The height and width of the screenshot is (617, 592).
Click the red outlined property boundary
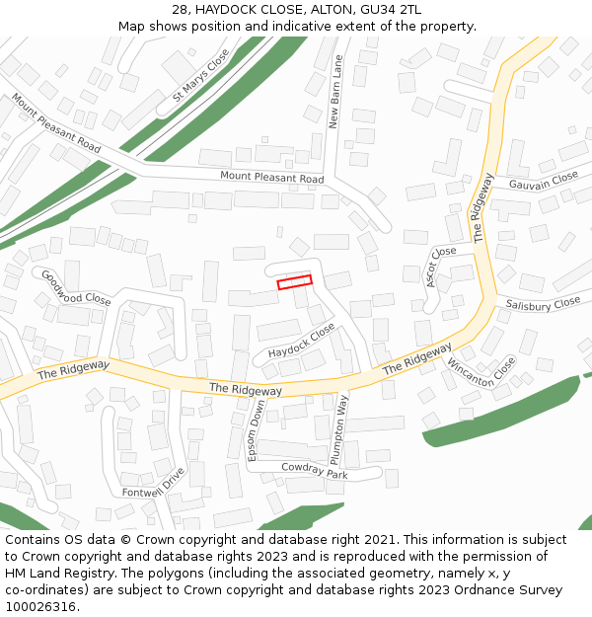point(294,282)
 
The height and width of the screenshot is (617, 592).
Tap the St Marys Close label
point(200,75)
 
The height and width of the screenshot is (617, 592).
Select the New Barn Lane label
point(336,93)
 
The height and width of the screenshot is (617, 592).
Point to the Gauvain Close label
point(543,181)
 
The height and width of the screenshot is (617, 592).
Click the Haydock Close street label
point(301,340)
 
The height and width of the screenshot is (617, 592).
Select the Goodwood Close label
point(75,287)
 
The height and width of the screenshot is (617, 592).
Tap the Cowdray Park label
point(314,471)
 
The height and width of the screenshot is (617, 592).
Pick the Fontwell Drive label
point(153,483)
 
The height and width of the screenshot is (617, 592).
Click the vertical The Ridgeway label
point(482,208)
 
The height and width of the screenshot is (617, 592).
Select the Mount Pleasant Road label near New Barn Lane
point(271,178)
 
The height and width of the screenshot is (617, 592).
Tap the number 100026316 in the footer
point(38,606)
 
